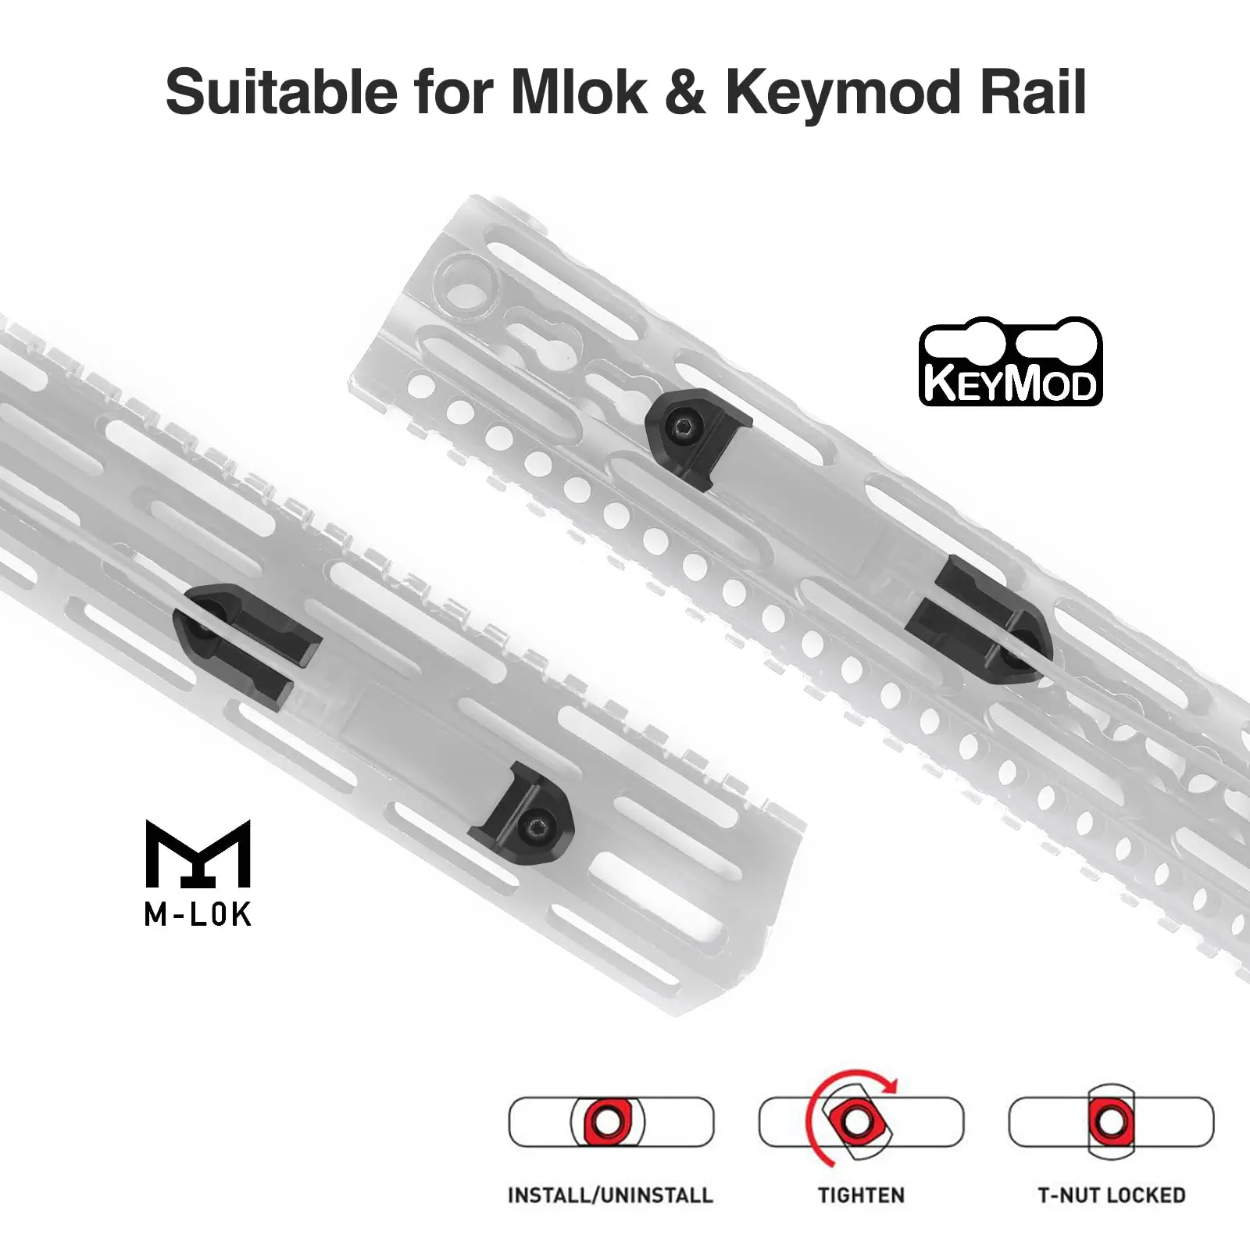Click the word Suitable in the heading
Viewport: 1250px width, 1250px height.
point(282,92)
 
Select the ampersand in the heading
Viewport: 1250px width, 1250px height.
point(685,92)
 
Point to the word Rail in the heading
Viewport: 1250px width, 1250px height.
point(1034,92)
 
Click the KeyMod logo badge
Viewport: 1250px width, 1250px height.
point(1011,361)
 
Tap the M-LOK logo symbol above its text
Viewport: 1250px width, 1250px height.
point(198,854)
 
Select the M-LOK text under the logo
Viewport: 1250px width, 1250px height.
point(198,914)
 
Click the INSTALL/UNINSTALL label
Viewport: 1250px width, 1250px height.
point(610,1195)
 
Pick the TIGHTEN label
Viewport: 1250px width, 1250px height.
point(861,1195)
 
